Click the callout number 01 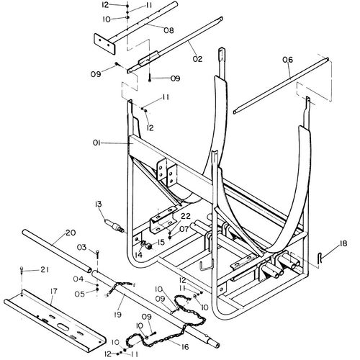pos(96,143)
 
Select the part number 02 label pos(197,59)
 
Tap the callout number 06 pos(287,60)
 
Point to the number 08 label pos(168,30)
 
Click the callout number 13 pos(99,204)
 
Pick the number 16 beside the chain pos(185,347)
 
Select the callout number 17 pos(54,291)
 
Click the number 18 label pos(343,243)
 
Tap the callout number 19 pos(117,315)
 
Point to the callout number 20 pos(71,233)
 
